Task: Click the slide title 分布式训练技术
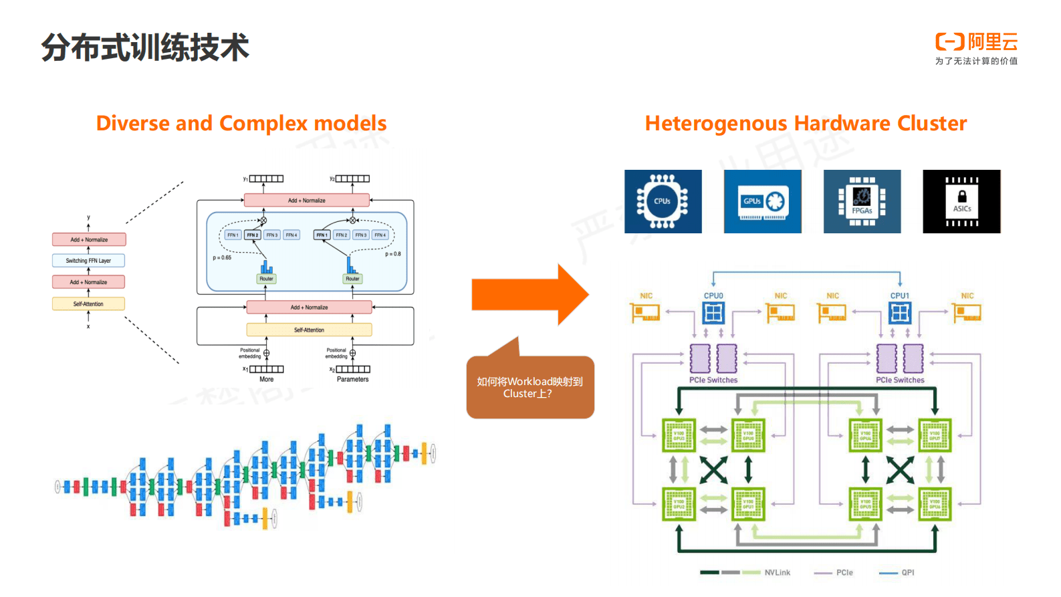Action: pos(144,47)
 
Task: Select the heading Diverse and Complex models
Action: pos(241,124)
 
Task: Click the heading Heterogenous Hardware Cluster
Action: pos(806,124)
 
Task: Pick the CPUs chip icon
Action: pos(663,201)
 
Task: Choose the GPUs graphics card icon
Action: pos(762,201)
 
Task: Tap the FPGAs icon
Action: pos(862,201)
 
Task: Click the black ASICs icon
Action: pos(961,201)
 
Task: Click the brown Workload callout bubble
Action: pos(529,387)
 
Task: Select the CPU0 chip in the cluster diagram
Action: pos(713,312)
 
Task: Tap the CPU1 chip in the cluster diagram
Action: pos(900,312)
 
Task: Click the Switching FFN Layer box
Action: pos(88,261)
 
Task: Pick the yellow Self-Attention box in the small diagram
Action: pos(88,304)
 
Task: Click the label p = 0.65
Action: pos(222,257)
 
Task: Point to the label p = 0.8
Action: pos(393,254)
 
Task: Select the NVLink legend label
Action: pos(777,573)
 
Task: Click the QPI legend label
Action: pos(907,573)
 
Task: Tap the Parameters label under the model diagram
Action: pos(352,380)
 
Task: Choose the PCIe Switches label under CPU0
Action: pos(713,380)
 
